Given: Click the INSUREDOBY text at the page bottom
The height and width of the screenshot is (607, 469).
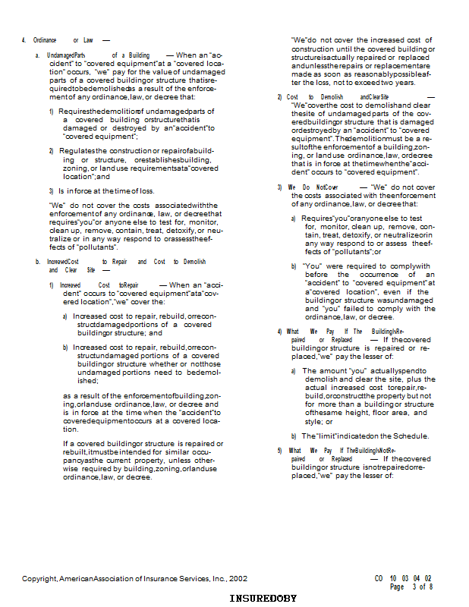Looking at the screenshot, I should tap(263, 599).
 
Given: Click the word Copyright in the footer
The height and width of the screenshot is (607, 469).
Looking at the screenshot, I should tap(39, 578).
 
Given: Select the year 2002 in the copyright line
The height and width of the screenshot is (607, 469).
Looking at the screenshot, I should tap(238, 578).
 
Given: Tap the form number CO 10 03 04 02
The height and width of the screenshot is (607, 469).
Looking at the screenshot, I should tap(403, 578).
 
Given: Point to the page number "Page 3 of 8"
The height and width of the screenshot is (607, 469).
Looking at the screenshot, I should tap(411, 587).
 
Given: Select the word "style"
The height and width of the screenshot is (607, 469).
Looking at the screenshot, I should tap(313, 421).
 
